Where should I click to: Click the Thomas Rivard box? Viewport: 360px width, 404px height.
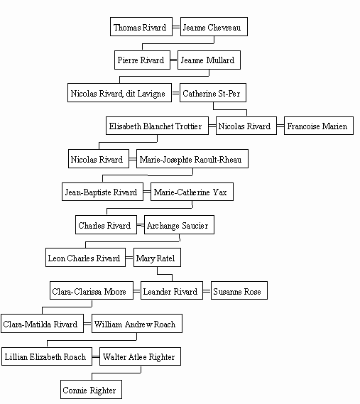pos(141,26)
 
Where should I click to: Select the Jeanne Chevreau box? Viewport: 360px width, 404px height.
pos(214,26)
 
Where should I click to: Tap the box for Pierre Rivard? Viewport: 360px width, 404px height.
pos(142,60)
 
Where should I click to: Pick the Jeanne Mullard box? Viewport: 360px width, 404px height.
pos(209,60)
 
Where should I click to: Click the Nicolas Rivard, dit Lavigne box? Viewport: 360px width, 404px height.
pos(119,93)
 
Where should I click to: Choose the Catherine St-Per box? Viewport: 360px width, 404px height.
pos(213,93)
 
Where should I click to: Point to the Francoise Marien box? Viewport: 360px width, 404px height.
pos(319,126)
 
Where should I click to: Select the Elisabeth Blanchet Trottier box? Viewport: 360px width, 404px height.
pos(157,126)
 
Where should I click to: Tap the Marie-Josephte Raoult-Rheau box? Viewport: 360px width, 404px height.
pos(192,159)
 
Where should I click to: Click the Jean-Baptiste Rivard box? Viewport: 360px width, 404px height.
pos(102,192)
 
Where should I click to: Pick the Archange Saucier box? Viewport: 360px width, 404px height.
pos(179,224)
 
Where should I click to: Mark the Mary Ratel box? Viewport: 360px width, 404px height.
pos(157,258)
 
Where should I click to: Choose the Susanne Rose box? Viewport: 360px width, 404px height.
pos(239,290)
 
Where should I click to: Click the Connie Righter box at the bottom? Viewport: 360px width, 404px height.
pos(91,389)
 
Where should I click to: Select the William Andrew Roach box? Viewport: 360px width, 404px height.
pos(137,323)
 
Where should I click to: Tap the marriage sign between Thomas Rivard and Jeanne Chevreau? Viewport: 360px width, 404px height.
pos(176,26)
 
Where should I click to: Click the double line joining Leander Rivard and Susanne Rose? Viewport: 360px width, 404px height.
pos(207,291)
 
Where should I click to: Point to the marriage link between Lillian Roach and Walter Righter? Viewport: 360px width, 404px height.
pos(96,357)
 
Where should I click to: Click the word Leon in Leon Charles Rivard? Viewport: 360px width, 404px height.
pos(56,258)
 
